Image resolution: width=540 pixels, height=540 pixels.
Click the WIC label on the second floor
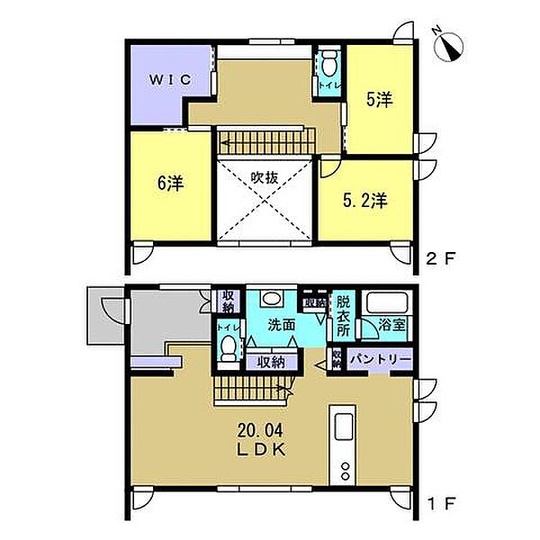click(170, 79)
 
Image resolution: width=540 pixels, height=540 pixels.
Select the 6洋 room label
click(171, 184)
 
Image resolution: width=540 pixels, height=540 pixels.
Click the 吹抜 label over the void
click(264, 178)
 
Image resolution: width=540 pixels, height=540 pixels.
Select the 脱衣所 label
click(343, 318)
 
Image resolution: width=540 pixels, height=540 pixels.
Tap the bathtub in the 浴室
click(390, 304)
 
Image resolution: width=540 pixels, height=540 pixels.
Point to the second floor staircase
click(263, 141)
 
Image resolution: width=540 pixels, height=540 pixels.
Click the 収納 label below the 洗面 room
click(272, 363)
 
